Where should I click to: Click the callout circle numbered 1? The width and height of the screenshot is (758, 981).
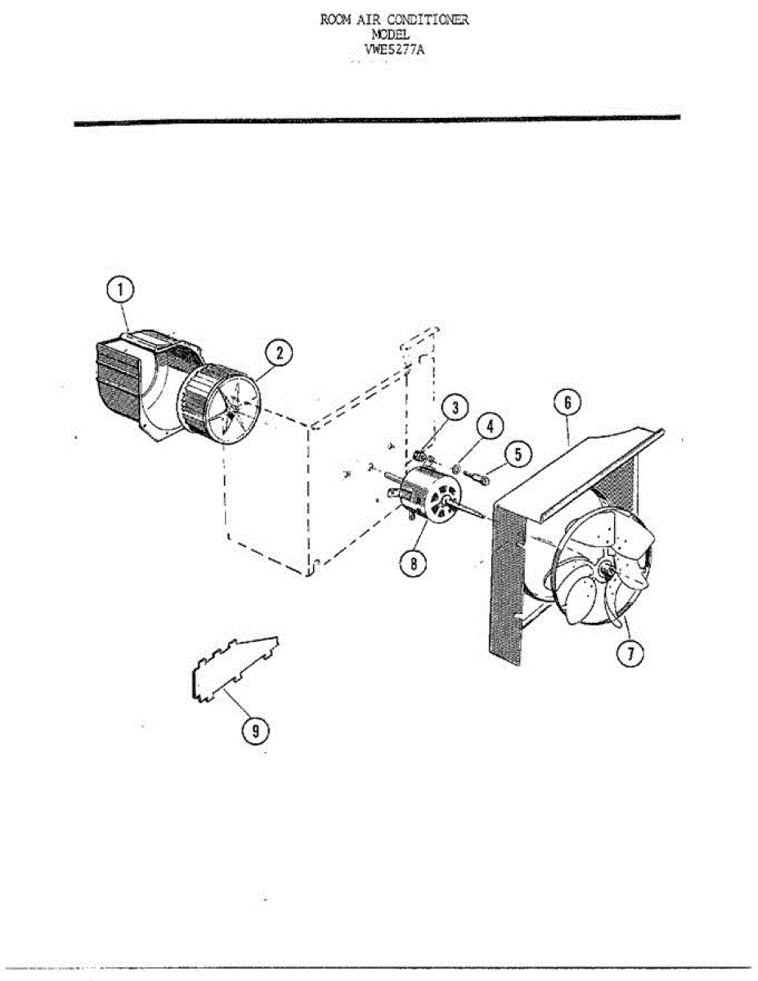[x=121, y=290]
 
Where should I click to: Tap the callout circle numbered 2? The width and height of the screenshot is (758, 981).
[x=280, y=353]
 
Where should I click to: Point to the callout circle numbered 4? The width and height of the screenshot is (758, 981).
[x=490, y=428]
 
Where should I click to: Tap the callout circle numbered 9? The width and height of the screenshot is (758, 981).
[x=255, y=730]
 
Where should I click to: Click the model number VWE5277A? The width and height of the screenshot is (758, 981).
[x=394, y=49]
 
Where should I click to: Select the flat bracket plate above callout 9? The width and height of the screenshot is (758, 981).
[x=233, y=665]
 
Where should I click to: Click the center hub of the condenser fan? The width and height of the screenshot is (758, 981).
[x=606, y=569]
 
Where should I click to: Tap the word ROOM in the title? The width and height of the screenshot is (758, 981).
[x=335, y=20]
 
